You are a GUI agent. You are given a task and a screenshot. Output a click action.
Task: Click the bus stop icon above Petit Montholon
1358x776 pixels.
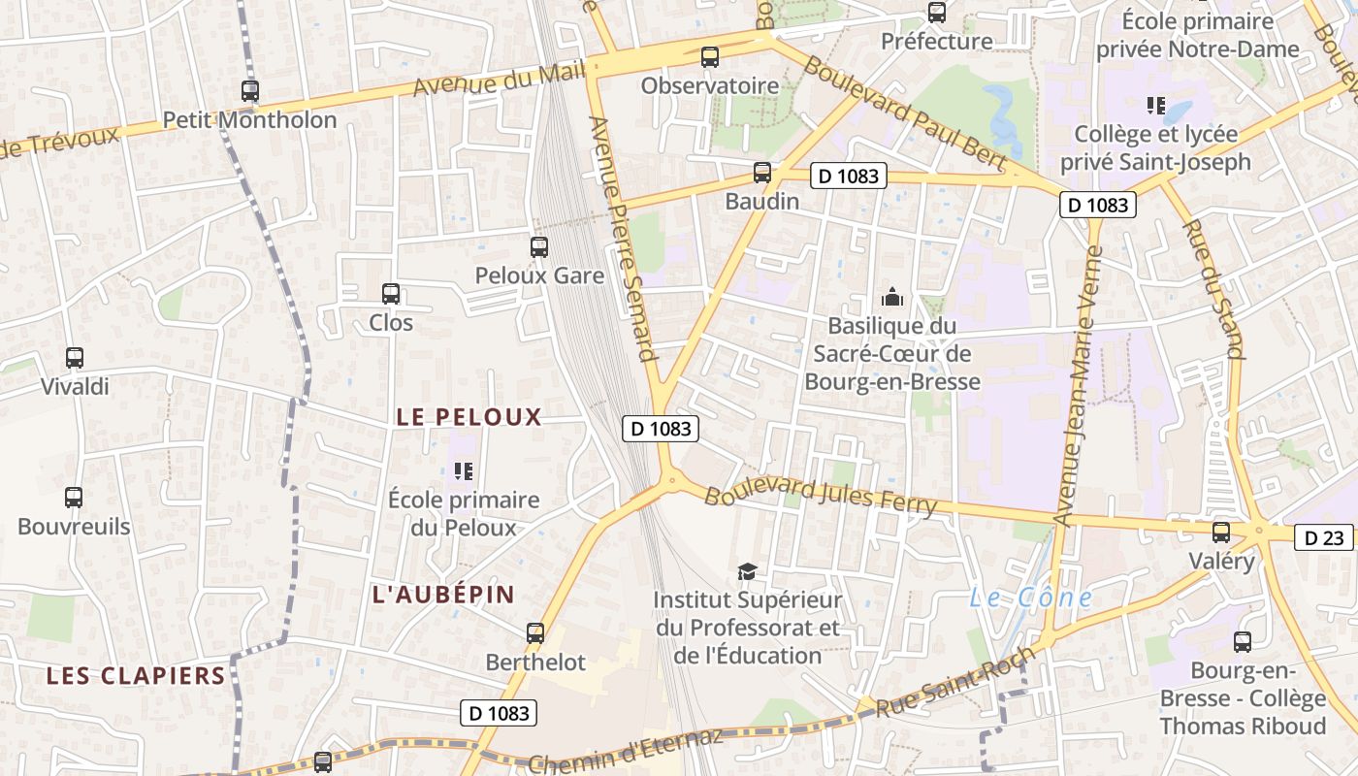[x=250, y=91]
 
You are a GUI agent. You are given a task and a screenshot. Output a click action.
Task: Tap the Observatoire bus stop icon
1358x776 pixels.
[x=710, y=57]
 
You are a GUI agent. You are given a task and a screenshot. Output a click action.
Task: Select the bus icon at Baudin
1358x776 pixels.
[x=762, y=173]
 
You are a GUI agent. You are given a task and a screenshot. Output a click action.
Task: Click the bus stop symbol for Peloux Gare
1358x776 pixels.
[x=538, y=247]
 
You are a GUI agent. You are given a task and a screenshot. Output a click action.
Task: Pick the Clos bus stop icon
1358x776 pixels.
[x=391, y=293]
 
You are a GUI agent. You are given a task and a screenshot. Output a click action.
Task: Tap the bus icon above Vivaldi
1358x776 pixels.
[x=75, y=358]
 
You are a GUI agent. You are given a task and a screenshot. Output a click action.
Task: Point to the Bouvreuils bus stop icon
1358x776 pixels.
[x=74, y=498]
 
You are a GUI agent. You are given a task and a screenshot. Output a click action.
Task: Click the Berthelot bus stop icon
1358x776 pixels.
[x=535, y=633]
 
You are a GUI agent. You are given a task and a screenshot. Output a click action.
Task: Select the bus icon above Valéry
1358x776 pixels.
[x=1221, y=532]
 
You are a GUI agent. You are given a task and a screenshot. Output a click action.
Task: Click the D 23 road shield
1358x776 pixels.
[x=1323, y=537]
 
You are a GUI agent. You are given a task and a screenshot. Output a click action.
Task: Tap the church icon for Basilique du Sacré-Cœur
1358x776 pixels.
[x=891, y=297]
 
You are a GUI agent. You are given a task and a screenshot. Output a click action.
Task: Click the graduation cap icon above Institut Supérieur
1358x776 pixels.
[x=746, y=571]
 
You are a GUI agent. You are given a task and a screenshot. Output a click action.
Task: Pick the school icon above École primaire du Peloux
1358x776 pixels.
[x=464, y=471]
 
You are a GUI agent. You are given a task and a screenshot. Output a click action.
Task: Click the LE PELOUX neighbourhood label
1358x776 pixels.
[x=469, y=417]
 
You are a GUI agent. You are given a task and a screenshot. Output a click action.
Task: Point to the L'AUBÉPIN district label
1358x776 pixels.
[x=443, y=595]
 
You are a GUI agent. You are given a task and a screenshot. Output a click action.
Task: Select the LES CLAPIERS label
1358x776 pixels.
[x=136, y=675]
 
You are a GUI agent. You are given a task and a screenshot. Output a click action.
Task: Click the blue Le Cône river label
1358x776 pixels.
[x=1030, y=598]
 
